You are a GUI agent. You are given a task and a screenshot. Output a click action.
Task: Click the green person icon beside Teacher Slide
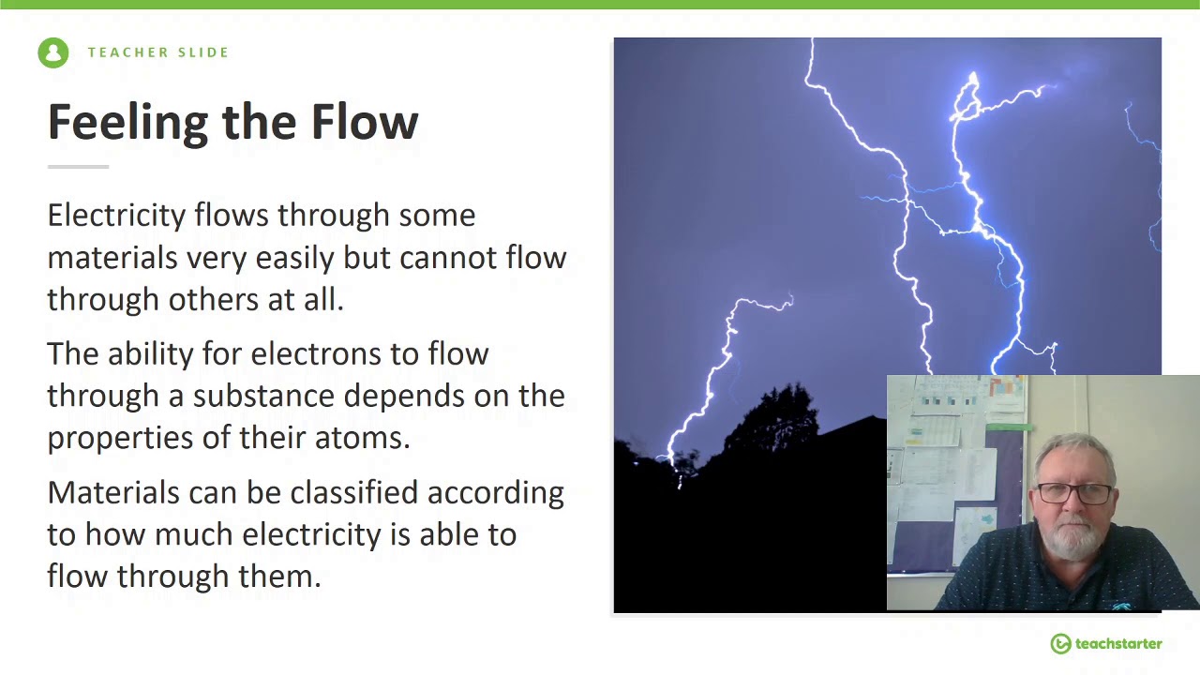click(x=53, y=52)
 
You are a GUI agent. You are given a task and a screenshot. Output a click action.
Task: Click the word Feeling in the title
click(x=127, y=123)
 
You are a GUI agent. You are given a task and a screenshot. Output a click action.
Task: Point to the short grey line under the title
click(x=78, y=167)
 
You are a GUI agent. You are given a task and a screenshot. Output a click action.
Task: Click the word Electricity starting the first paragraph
click(x=116, y=216)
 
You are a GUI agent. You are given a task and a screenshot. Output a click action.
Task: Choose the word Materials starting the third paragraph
click(x=112, y=493)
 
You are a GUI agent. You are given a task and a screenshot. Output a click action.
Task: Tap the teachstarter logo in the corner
click(x=1106, y=644)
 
